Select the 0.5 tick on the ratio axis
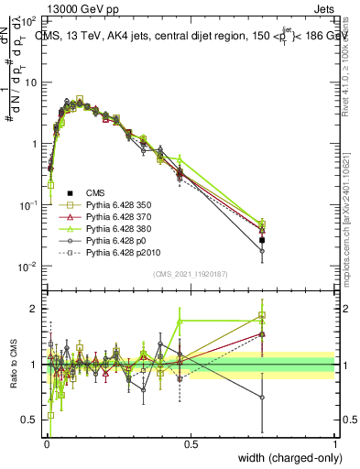pos(30,420)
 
